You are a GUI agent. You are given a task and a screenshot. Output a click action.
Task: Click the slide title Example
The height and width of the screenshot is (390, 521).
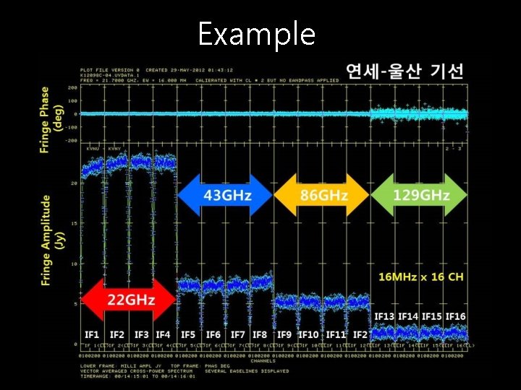click(256, 34)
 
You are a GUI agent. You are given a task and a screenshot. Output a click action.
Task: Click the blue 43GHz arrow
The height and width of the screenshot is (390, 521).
click(225, 195)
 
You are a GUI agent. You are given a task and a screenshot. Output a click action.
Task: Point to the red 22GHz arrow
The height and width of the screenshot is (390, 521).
click(129, 299)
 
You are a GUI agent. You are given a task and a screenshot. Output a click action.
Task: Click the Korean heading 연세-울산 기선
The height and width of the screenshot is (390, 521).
click(405, 71)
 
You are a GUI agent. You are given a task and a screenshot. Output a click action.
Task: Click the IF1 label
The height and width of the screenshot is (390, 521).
click(92, 334)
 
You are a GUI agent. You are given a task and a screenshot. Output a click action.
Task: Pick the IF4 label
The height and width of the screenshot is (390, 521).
click(163, 334)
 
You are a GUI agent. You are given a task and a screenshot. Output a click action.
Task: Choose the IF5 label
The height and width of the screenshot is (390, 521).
click(188, 334)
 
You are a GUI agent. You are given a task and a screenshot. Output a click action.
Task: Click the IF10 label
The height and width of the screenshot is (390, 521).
click(308, 334)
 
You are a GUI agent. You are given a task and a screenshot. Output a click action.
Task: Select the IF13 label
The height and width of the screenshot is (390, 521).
click(384, 317)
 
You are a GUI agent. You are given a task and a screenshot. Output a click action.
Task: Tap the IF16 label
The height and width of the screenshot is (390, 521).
click(455, 317)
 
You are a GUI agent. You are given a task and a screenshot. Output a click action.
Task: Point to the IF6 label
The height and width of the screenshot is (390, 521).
click(213, 334)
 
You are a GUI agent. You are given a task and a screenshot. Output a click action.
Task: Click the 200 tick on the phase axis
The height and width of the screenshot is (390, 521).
click(73, 87)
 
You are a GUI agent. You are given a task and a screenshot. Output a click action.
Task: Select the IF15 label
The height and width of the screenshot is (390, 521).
click(432, 317)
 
